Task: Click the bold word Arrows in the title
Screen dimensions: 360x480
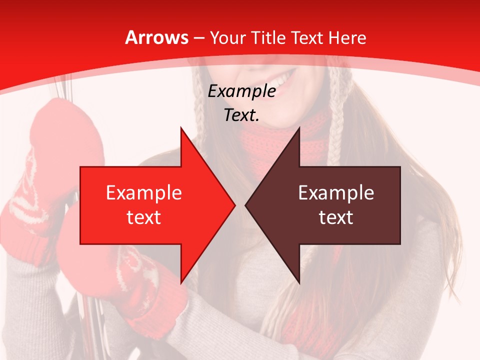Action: pyautogui.click(x=156, y=37)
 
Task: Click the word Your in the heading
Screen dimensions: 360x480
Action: pyautogui.click(x=228, y=38)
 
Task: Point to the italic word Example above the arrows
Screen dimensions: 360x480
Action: pyautogui.click(x=242, y=91)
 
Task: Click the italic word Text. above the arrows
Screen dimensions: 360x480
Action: pyautogui.click(x=242, y=115)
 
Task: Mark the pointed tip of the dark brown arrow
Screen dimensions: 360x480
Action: pyautogui.click(x=247, y=205)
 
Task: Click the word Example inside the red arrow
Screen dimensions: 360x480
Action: pyautogui.click(x=144, y=193)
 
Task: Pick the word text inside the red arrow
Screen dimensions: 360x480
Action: pyautogui.click(x=144, y=217)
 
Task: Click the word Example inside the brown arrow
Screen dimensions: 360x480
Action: pyautogui.click(x=336, y=193)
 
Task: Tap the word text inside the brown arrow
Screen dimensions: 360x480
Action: pyautogui.click(x=336, y=217)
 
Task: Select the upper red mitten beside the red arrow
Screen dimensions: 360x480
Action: pyautogui.click(x=60, y=135)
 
